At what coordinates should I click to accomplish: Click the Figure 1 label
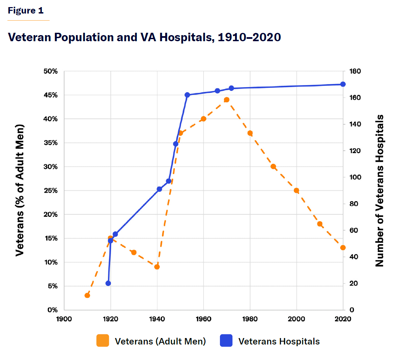26,10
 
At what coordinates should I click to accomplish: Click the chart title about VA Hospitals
144,37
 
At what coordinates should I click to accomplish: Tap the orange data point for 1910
87,295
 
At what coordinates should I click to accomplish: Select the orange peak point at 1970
227,100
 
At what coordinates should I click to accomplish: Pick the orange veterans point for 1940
157,267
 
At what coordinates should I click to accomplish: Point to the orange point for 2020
343,248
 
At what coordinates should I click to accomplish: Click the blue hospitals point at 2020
343,84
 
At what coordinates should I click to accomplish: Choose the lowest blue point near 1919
108,283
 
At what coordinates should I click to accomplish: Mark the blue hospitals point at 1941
160,189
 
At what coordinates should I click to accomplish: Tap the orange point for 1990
273,166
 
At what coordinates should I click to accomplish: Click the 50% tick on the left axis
51,71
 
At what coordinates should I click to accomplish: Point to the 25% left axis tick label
51,190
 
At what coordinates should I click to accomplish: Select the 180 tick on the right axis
355,71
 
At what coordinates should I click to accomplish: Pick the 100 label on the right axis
355,177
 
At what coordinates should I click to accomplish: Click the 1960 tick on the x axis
203,319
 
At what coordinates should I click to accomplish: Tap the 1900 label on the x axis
64,319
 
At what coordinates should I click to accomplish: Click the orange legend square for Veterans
103,341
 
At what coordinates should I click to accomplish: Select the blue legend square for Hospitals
226,341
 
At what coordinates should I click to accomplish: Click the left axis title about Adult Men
20,190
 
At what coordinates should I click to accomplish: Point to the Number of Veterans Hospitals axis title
380,190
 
